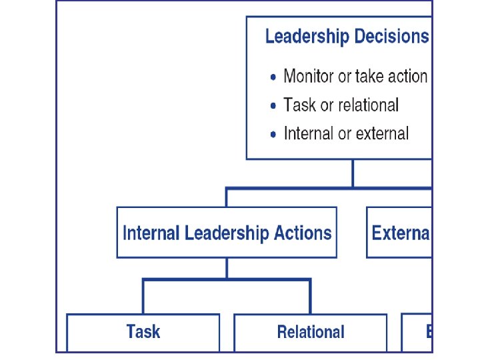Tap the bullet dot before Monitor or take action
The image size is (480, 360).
pos(273,77)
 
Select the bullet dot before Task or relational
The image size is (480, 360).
pos(273,106)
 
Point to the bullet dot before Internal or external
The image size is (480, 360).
pos(273,135)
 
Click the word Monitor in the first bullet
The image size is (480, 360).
pos(309,76)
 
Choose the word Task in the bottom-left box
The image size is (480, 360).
pos(143,331)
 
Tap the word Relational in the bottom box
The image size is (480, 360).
pos(311,331)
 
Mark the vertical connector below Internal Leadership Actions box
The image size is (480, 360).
pos(227,268)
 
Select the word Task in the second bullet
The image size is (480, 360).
pos(299,105)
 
